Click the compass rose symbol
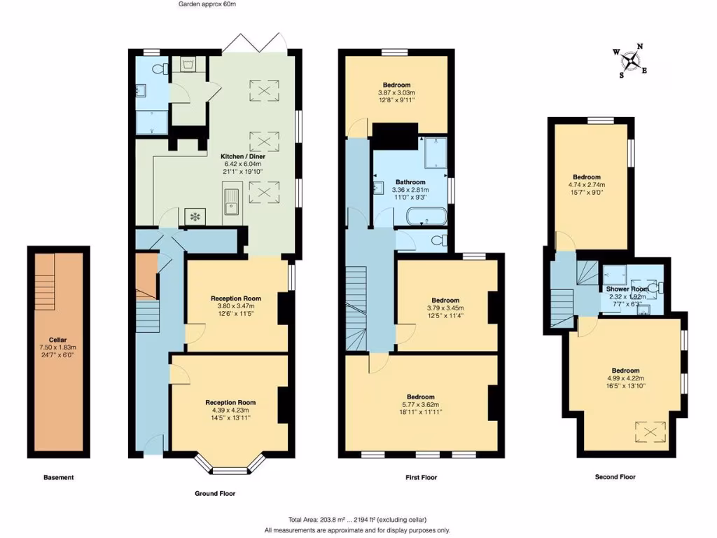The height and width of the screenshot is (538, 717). pyautogui.click(x=631, y=61)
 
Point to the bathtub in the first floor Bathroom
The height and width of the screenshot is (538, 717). pyautogui.click(x=426, y=216)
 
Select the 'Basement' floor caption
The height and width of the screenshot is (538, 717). pyautogui.click(x=58, y=478)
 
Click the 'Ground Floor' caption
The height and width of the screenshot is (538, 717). pyautogui.click(x=214, y=493)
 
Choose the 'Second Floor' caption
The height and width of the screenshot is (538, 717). pyautogui.click(x=615, y=477)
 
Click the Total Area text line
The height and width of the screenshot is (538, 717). pyautogui.click(x=358, y=519)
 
